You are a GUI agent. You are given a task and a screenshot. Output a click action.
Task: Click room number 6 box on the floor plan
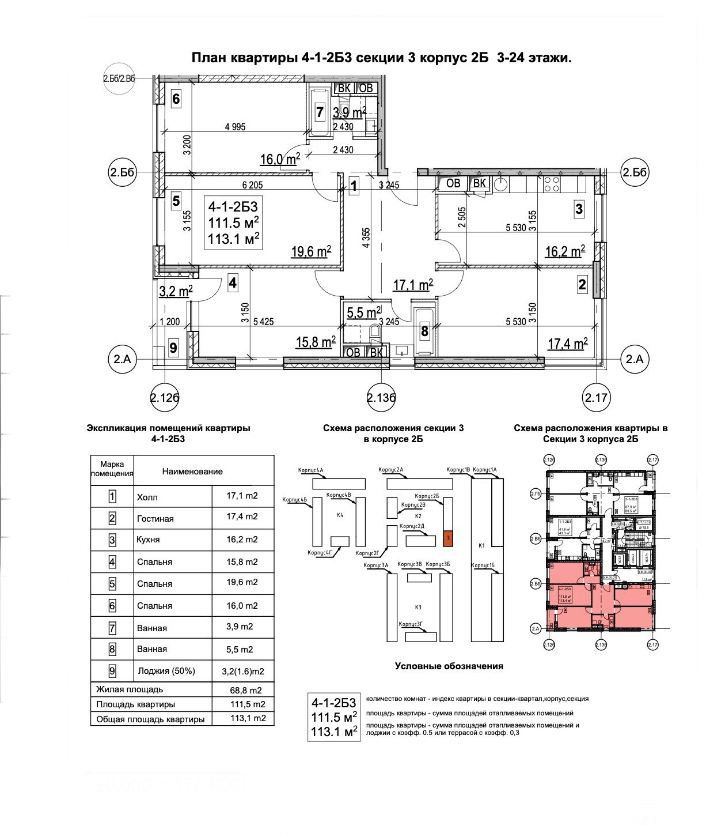[176, 99]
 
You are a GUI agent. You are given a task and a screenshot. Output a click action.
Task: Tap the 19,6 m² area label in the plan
[311, 251]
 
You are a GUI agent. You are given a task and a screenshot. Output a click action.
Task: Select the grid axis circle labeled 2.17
[597, 397]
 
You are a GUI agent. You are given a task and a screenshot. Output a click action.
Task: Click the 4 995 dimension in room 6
[235, 127]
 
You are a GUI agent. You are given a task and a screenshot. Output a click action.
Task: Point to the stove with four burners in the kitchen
[552, 184]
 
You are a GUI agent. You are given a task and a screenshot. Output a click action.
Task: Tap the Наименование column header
[192, 472]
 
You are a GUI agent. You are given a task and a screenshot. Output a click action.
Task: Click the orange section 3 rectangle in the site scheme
[449, 538]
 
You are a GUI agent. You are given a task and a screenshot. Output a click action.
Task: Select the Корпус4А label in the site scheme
[311, 470]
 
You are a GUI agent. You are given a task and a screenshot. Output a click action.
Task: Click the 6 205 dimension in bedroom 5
[252, 185]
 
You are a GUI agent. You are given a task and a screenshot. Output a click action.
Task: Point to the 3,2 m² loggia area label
[176, 291]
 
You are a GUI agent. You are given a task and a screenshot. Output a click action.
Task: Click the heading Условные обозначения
[449, 666]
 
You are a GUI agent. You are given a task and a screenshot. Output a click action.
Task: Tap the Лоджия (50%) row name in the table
[166, 671]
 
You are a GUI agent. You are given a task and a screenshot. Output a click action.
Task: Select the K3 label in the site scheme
[418, 607]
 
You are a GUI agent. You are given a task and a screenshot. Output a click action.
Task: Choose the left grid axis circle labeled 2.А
[122, 359]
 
